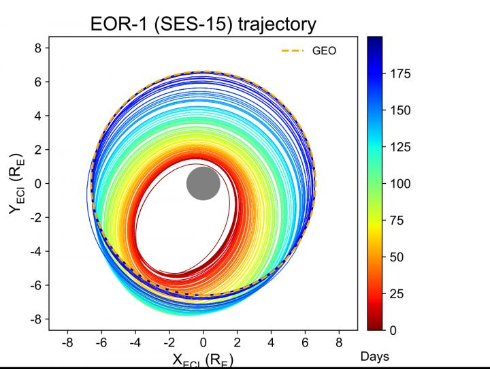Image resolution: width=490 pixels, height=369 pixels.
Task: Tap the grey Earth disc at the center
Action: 203,183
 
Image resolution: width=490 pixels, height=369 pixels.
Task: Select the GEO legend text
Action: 324,50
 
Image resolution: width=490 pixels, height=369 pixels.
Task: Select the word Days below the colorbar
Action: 375,356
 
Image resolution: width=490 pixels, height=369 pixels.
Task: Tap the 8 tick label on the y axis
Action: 39,48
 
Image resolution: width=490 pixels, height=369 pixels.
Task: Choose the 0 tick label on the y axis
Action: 39,183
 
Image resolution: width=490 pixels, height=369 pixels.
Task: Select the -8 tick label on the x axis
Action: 67,342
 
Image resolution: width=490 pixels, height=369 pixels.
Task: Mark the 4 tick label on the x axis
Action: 271,342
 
